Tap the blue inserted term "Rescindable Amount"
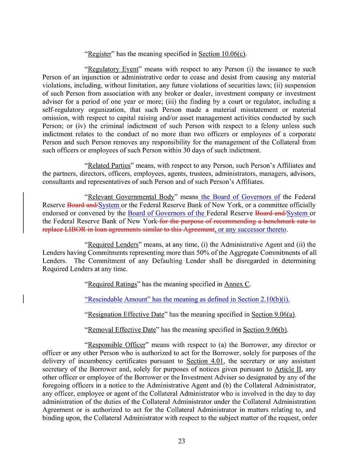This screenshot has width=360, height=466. [117, 300]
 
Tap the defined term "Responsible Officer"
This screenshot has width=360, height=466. [116, 345]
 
